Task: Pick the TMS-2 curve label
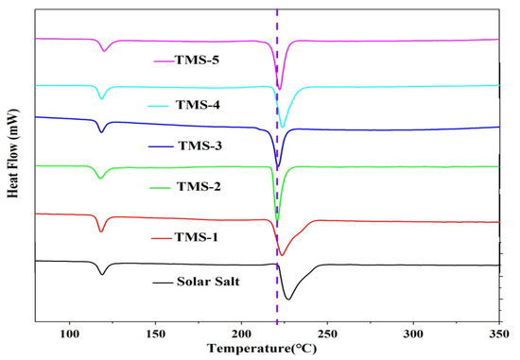coord(199,187)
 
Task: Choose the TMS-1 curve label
coord(196,237)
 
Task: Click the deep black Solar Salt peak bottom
coord(288,300)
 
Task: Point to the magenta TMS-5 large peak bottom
coord(279,91)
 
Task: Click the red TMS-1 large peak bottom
coord(281,254)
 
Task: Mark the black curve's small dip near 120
coord(102,274)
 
